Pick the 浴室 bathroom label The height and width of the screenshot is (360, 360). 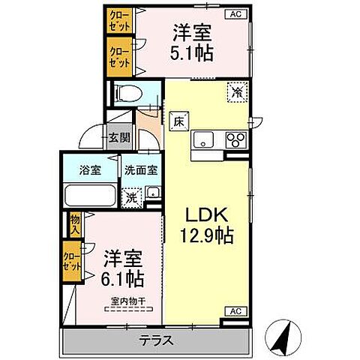coord(90,169)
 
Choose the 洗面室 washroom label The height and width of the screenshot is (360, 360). coord(140,169)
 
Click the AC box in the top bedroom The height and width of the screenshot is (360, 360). coord(235,13)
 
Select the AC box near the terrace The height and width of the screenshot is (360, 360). coord(235,310)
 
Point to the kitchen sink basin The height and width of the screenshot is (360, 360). coord(205,140)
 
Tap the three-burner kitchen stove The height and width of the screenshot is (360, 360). coord(236,140)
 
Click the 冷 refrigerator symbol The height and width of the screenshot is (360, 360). coord(235,93)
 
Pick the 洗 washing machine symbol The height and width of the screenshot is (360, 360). coord(131,198)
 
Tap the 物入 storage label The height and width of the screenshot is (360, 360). coord(76,223)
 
